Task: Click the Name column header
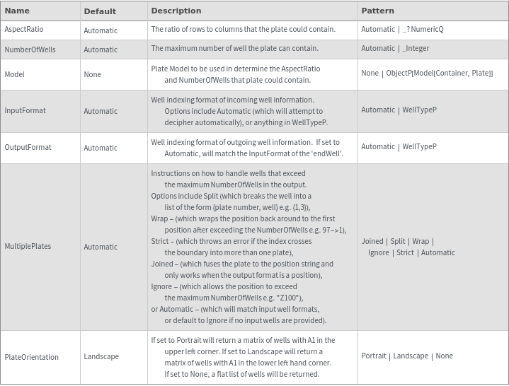click(x=17, y=11)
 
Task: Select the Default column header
click(x=100, y=11)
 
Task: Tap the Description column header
click(x=176, y=11)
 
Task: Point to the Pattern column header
click(x=377, y=11)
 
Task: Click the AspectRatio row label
click(x=24, y=30)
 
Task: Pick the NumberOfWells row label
click(x=30, y=49)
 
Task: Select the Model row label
click(x=14, y=74)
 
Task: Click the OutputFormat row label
click(x=28, y=148)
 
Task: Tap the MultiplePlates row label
click(x=28, y=247)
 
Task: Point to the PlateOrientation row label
click(x=31, y=357)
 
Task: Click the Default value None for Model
click(x=92, y=74)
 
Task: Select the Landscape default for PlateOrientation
click(x=101, y=357)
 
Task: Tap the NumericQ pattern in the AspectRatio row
click(x=426, y=30)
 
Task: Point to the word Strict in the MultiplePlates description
click(x=161, y=241)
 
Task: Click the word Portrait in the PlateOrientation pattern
click(x=374, y=356)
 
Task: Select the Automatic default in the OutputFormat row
click(x=101, y=148)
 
